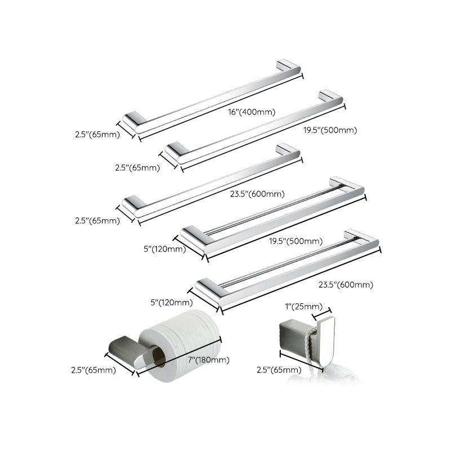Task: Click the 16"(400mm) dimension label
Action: coord(251,112)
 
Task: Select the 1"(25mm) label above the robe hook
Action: coord(303,306)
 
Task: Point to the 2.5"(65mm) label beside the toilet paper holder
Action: coord(94,370)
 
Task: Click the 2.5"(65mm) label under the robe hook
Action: coord(278,370)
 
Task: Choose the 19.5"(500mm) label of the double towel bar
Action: coord(296,241)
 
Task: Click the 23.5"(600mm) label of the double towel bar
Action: coord(346,285)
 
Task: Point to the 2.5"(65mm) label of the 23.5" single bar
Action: coord(98,221)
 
